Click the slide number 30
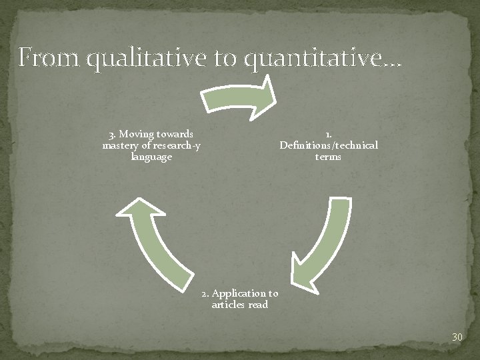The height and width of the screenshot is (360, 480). [x=457, y=337]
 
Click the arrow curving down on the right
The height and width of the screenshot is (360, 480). [x=323, y=246]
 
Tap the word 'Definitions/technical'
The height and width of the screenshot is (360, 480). [x=329, y=145]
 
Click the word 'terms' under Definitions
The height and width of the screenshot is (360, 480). [x=328, y=157]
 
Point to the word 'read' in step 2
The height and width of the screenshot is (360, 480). [x=258, y=305]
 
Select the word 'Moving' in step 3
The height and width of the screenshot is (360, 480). [x=137, y=133]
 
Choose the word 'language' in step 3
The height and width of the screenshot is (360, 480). [x=151, y=157]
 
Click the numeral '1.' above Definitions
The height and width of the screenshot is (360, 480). [x=329, y=133]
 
